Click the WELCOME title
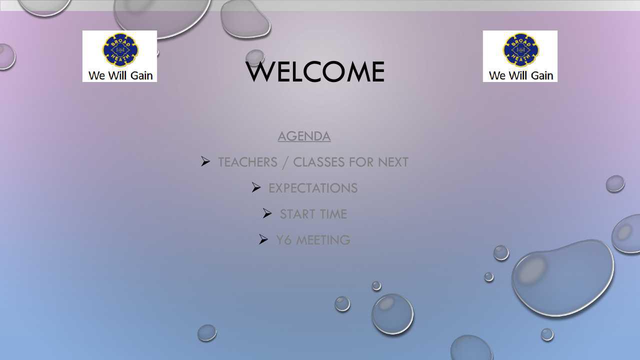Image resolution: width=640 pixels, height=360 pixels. click(315, 71)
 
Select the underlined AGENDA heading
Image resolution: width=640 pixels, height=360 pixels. click(304, 136)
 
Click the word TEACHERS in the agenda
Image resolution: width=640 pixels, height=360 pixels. click(247, 162)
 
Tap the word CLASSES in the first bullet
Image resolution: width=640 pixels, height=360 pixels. click(319, 162)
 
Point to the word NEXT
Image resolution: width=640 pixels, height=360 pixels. click(393, 162)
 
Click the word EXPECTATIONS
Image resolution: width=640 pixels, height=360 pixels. click(313, 188)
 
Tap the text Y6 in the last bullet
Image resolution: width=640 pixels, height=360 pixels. click(283, 240)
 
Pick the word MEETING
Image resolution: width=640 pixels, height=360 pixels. click(323, 240)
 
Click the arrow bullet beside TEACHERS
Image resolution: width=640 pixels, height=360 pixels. click(205, 161)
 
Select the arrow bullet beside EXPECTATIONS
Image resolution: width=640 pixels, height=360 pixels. click(256, 187)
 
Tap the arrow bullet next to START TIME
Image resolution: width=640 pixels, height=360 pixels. click(267, 213)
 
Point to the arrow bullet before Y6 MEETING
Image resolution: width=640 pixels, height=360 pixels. click(263, 239)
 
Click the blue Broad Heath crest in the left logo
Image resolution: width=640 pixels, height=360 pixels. click(120, 50)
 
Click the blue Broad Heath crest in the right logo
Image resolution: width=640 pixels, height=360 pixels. click(521, 50)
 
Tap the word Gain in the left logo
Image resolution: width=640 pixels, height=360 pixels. click(141, 75)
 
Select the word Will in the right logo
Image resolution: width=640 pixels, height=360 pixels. click(518, 75)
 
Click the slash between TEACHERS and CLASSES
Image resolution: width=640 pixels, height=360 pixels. click(285, 162)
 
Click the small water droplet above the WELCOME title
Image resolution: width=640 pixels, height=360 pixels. click(254, 56)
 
